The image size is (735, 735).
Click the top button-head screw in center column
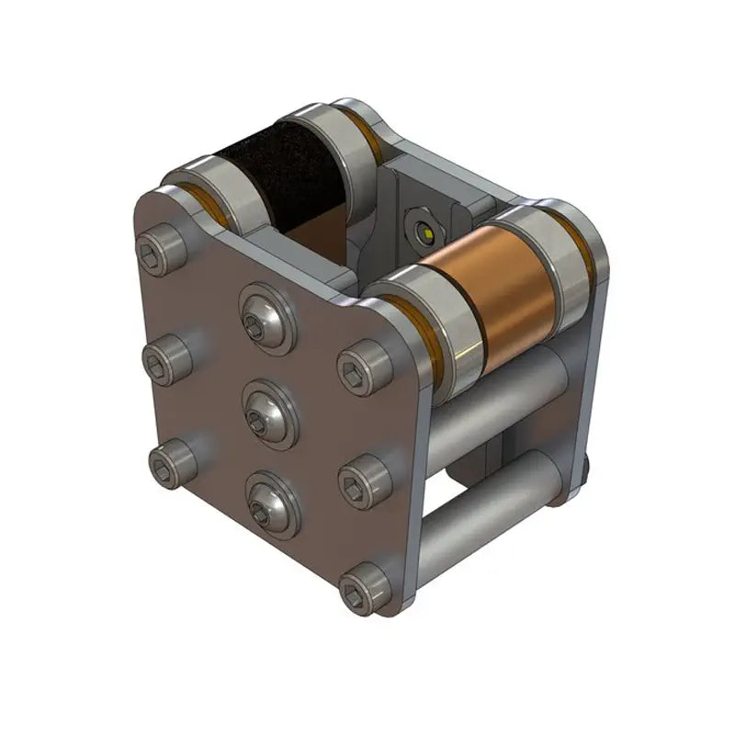point(266,317)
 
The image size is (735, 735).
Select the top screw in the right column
point(364,367)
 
